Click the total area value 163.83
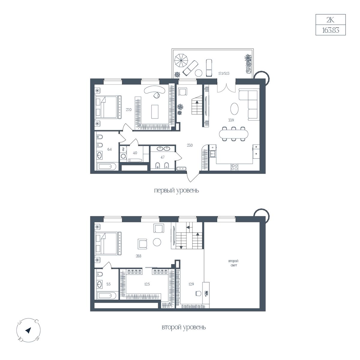331,30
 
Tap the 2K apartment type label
330,20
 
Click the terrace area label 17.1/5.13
224,73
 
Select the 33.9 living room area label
231,120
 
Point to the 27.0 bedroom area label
128,110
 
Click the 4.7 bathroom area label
163,157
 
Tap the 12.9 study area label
191,284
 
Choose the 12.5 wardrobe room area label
147,284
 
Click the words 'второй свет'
233,263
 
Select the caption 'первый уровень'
176,190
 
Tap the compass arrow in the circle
28,331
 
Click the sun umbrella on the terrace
181,61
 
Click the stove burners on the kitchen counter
235,167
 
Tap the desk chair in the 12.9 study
198,293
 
